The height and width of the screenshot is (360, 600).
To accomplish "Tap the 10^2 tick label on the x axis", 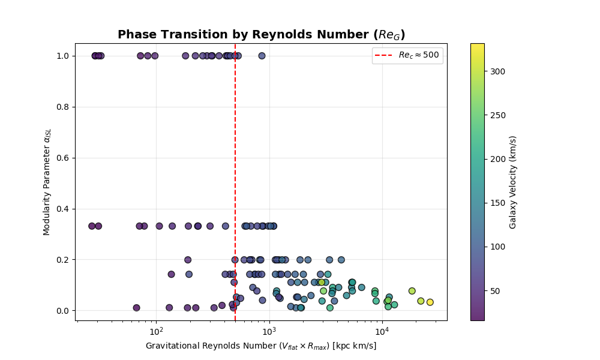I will click(x=156, y=331).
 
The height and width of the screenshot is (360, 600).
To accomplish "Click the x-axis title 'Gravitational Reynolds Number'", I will click(x=261, y=346).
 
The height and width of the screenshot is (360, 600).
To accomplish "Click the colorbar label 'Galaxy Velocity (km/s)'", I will click(x=513, y=181).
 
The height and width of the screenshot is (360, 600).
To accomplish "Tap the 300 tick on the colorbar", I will click(x=497, y=71).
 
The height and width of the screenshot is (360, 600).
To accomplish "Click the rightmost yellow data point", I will click(x=430, y=302).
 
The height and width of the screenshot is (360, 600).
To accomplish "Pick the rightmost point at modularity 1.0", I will click(x=262, y=56).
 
